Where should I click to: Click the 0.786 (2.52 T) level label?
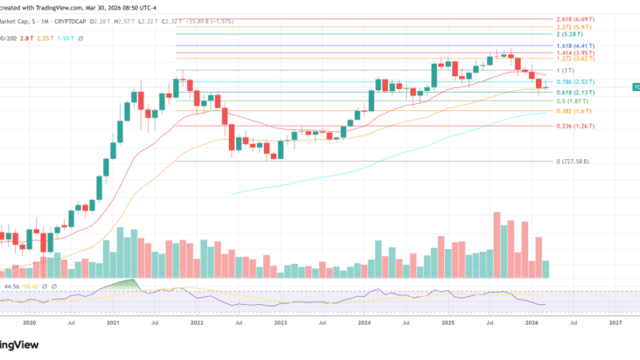click(x=579, y=82)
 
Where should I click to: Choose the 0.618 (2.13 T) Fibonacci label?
click(x=579, y=93)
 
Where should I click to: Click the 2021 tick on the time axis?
click(x=112, y=322)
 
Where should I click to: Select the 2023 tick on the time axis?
click(x=280, y=322)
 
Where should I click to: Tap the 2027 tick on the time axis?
click(x=614, y=322)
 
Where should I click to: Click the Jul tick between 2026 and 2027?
click(x=573, y=322)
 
